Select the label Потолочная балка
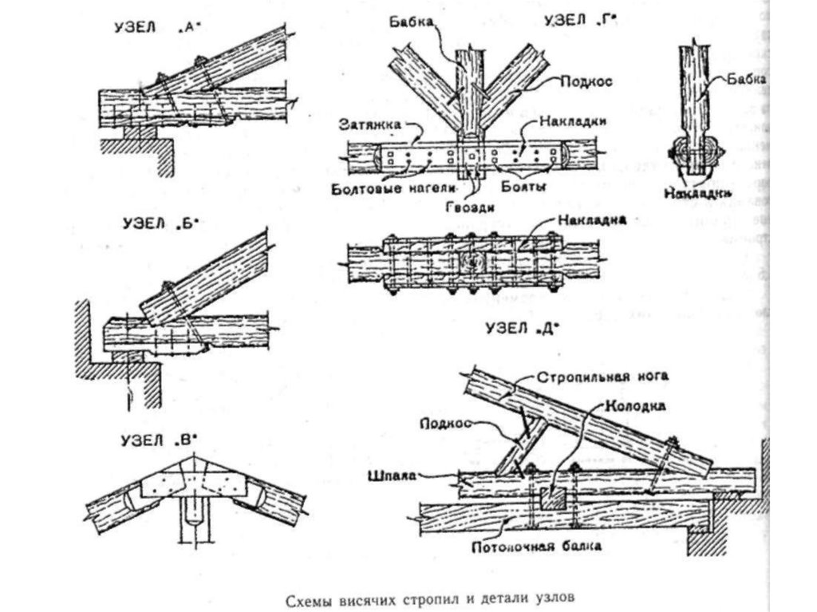click(536, 547)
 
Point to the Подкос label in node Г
click(580, 82)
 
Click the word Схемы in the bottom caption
click(310, 596)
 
